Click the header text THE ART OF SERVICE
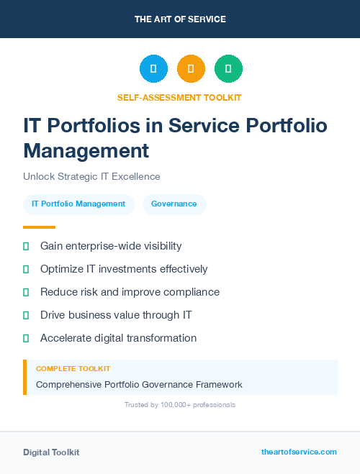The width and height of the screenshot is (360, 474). pyautogui.click(x=180, y=19)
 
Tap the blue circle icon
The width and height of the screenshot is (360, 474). pyautogui.click(x=153, y=69)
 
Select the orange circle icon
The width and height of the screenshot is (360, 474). pyautogui.click(x=191, y=69)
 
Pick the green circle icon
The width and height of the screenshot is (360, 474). pyautogui.click(x=228, y=69)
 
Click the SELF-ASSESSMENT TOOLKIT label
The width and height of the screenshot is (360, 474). pyautogui.click(x=179, y=97)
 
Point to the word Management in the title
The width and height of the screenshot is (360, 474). pyautogui.click(x=86, y=151)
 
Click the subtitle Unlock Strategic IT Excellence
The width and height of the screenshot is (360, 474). pyautogui.click(x=91, y=176)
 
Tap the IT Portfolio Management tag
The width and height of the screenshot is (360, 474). pyautogui.click(x=78, y=204)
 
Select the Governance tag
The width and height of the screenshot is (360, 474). pyautogui.click(x=174, y=204)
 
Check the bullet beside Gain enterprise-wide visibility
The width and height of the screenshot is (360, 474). pyautogui.click(x=26, y=246)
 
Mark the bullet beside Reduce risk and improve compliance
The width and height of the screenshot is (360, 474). pyautogui.click(x=26, y=292)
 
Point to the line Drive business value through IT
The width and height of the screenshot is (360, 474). pyautogui.click(x=116, y=315)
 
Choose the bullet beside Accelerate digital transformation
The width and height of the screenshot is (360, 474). pyautogui.click(x=26, y=338)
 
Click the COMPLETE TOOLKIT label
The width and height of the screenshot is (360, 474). pyautogui.click(x=73, y=368)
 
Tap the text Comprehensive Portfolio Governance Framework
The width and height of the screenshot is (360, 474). pyautogui.click(x=139, y=385)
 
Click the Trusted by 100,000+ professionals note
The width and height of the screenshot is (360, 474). pyautogui.click(x=180, y=405)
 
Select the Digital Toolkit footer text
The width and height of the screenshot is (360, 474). pyautogui.click(x=51, y=452)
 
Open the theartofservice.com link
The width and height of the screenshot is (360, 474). pyautogui.click(x=299, y=452)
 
